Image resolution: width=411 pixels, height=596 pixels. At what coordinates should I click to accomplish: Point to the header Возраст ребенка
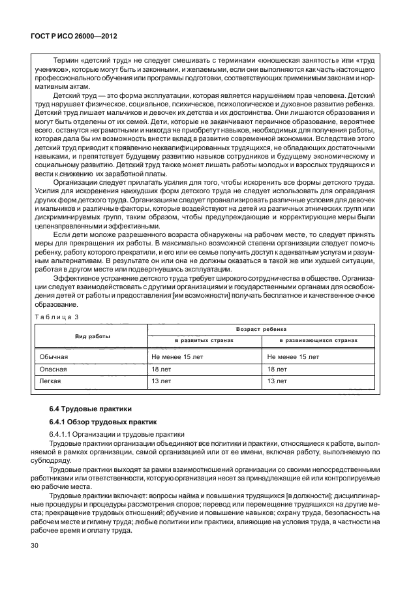262,330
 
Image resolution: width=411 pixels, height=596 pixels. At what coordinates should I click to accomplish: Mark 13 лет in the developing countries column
277,380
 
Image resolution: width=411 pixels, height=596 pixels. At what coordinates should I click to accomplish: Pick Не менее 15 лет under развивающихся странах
294,357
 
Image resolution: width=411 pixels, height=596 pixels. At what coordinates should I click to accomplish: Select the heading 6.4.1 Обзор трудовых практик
103,422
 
